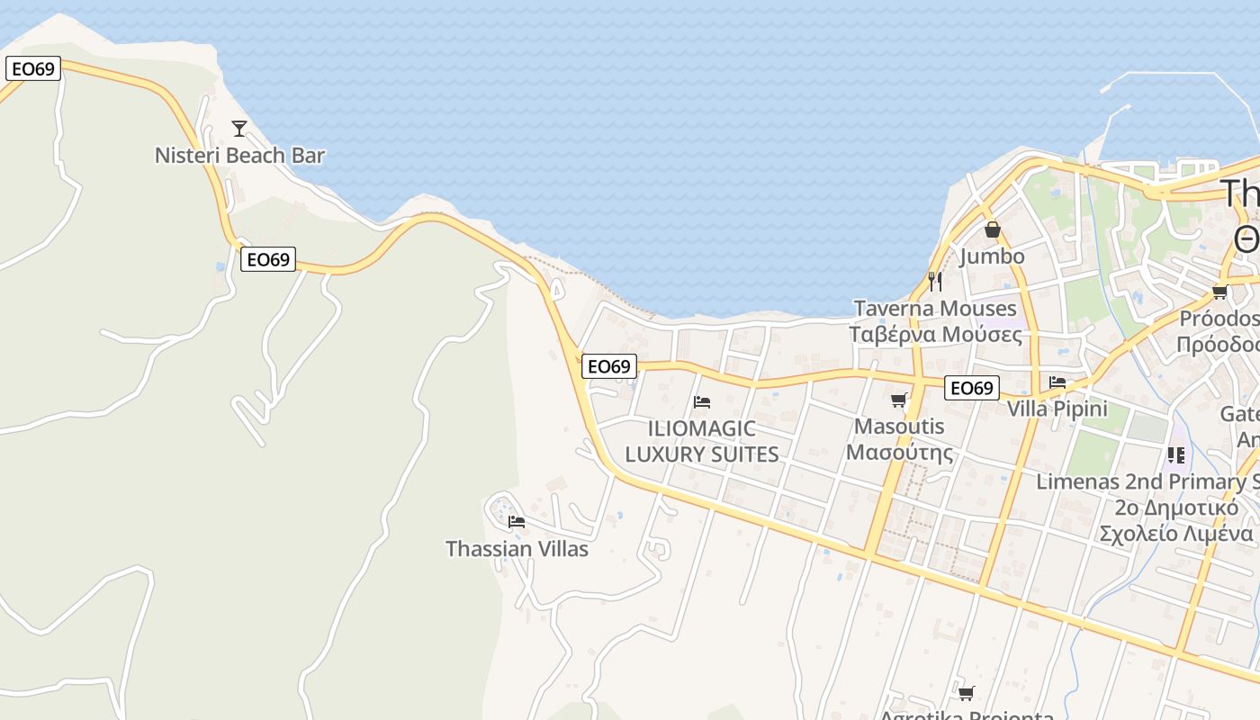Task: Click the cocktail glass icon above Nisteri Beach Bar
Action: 238,129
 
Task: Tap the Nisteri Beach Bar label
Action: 239,155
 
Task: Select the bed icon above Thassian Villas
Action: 516,521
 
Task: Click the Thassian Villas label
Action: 517,548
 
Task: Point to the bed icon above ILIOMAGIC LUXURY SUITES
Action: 702,401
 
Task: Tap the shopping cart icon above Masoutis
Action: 898,400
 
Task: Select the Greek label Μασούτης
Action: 899,452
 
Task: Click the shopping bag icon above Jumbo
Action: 992,230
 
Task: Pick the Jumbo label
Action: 992,256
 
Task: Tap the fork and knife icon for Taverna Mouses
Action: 935,282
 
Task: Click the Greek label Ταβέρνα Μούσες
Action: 935,335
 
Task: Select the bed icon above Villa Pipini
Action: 1057,382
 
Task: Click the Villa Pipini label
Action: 1057,409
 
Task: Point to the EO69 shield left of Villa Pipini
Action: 972,388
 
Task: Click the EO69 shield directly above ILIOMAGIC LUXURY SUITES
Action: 608,366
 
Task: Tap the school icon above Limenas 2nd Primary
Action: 1175,455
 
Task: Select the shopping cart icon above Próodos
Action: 1219,292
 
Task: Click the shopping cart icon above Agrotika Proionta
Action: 966,693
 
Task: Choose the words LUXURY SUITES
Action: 702,454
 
